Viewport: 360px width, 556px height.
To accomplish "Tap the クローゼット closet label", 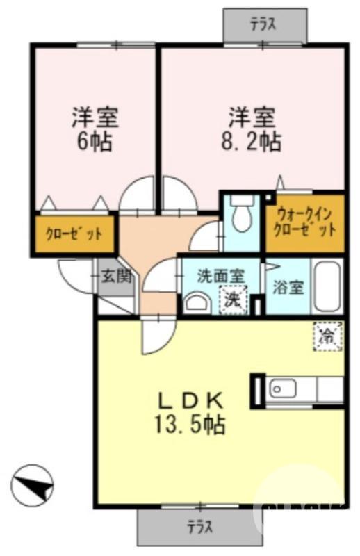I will (x=74, y=234).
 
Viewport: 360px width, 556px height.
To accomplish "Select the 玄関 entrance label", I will (x=115, y=275).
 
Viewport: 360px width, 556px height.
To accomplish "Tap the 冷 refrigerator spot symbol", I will (x=327, y=336).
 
